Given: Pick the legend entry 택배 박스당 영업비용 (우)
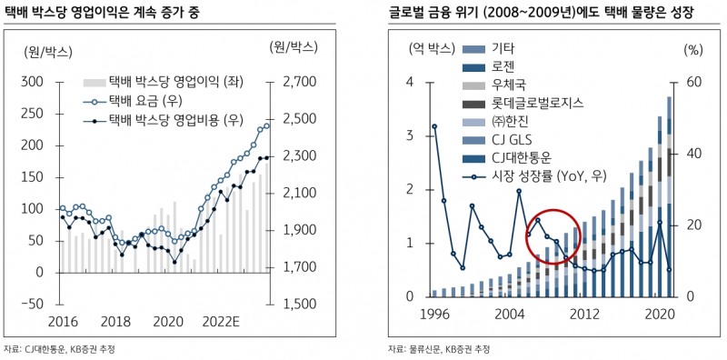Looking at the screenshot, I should coord(172,119).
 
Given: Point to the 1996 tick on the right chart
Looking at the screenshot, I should coord(434,315).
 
